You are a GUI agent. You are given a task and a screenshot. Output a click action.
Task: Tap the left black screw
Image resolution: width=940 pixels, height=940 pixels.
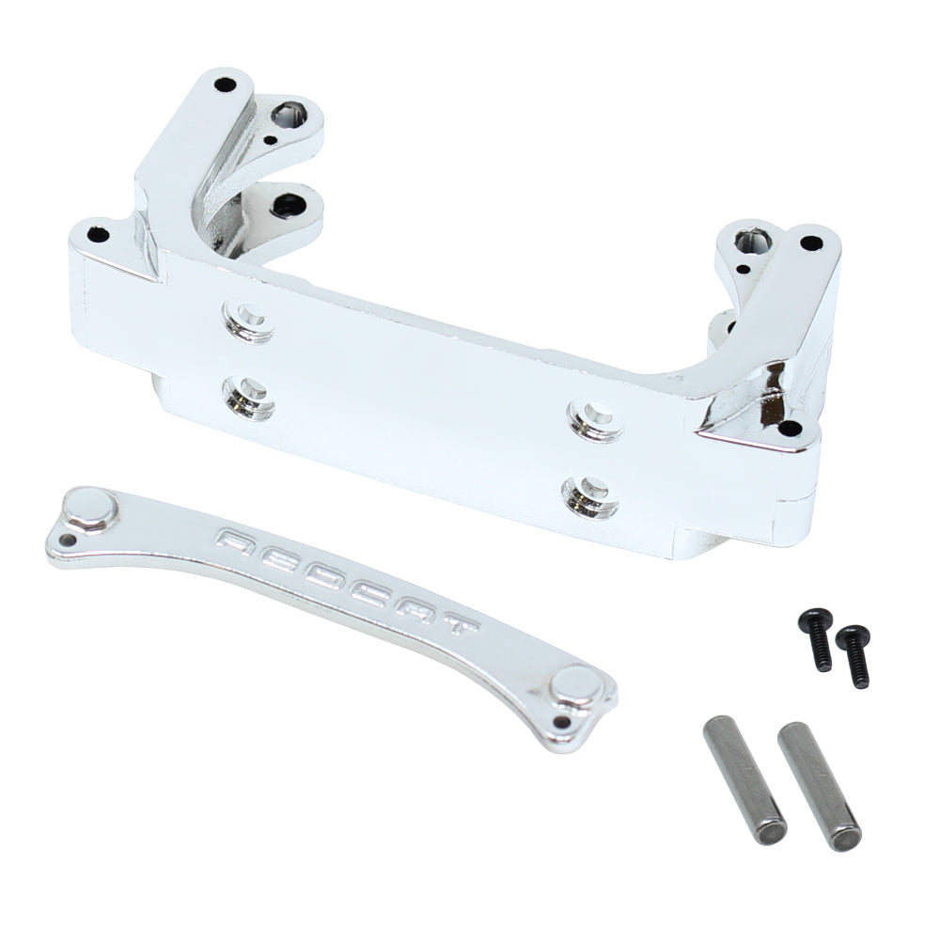point(814,639)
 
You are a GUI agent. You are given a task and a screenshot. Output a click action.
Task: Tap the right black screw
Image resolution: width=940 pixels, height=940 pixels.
point(854,654)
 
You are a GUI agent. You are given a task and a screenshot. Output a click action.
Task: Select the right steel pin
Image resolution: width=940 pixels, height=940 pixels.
point(818,786)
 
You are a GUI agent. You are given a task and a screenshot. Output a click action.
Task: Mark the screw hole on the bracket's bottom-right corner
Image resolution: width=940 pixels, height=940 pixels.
point(788,431)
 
